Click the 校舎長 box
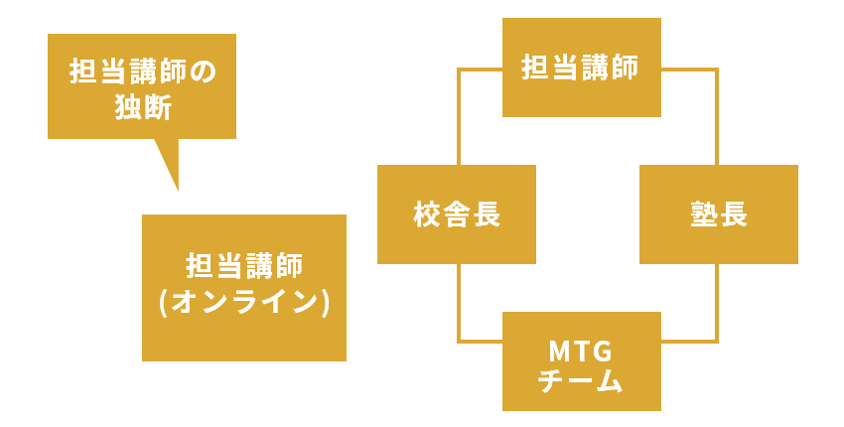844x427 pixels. coord(457,214)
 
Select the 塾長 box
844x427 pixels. coord(719,214)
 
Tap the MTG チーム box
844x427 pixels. coord(581,361)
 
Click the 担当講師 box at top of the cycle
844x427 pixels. coord(581,68)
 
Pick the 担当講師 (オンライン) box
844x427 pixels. coord(244,288)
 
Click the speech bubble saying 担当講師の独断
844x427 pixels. coord(142,86)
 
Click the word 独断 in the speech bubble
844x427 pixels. coord(143,106)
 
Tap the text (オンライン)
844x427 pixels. coord(244,302)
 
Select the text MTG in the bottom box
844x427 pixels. coord(581,350)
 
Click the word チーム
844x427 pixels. coord(581,380)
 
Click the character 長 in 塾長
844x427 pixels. coord(734,214)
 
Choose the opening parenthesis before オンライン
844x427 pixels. coord(164,302)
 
